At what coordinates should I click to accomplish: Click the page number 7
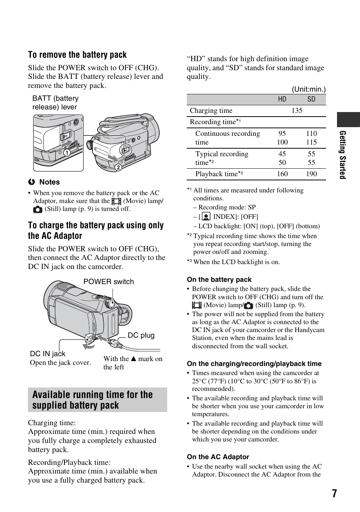334,494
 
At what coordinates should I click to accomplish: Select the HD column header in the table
282,99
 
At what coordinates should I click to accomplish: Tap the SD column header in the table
311,99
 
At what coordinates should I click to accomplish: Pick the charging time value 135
297,111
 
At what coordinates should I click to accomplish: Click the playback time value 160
282,174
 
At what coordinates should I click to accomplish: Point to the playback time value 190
311,174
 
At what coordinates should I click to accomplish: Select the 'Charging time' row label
211,111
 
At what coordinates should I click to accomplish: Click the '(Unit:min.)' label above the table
308,89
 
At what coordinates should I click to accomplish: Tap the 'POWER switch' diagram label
109,282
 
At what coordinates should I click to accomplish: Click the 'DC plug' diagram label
141,335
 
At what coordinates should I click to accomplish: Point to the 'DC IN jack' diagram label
48,354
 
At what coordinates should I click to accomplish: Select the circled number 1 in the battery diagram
66,153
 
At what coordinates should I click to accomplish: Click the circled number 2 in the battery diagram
118,167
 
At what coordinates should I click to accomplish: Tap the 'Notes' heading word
49,182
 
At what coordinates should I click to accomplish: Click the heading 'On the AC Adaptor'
218,457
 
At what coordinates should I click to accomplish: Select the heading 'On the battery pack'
219,280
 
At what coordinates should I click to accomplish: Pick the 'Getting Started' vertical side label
343,155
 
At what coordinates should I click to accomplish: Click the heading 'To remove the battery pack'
77,55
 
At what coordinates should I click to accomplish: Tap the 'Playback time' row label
216,174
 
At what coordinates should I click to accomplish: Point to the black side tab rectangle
348,120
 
